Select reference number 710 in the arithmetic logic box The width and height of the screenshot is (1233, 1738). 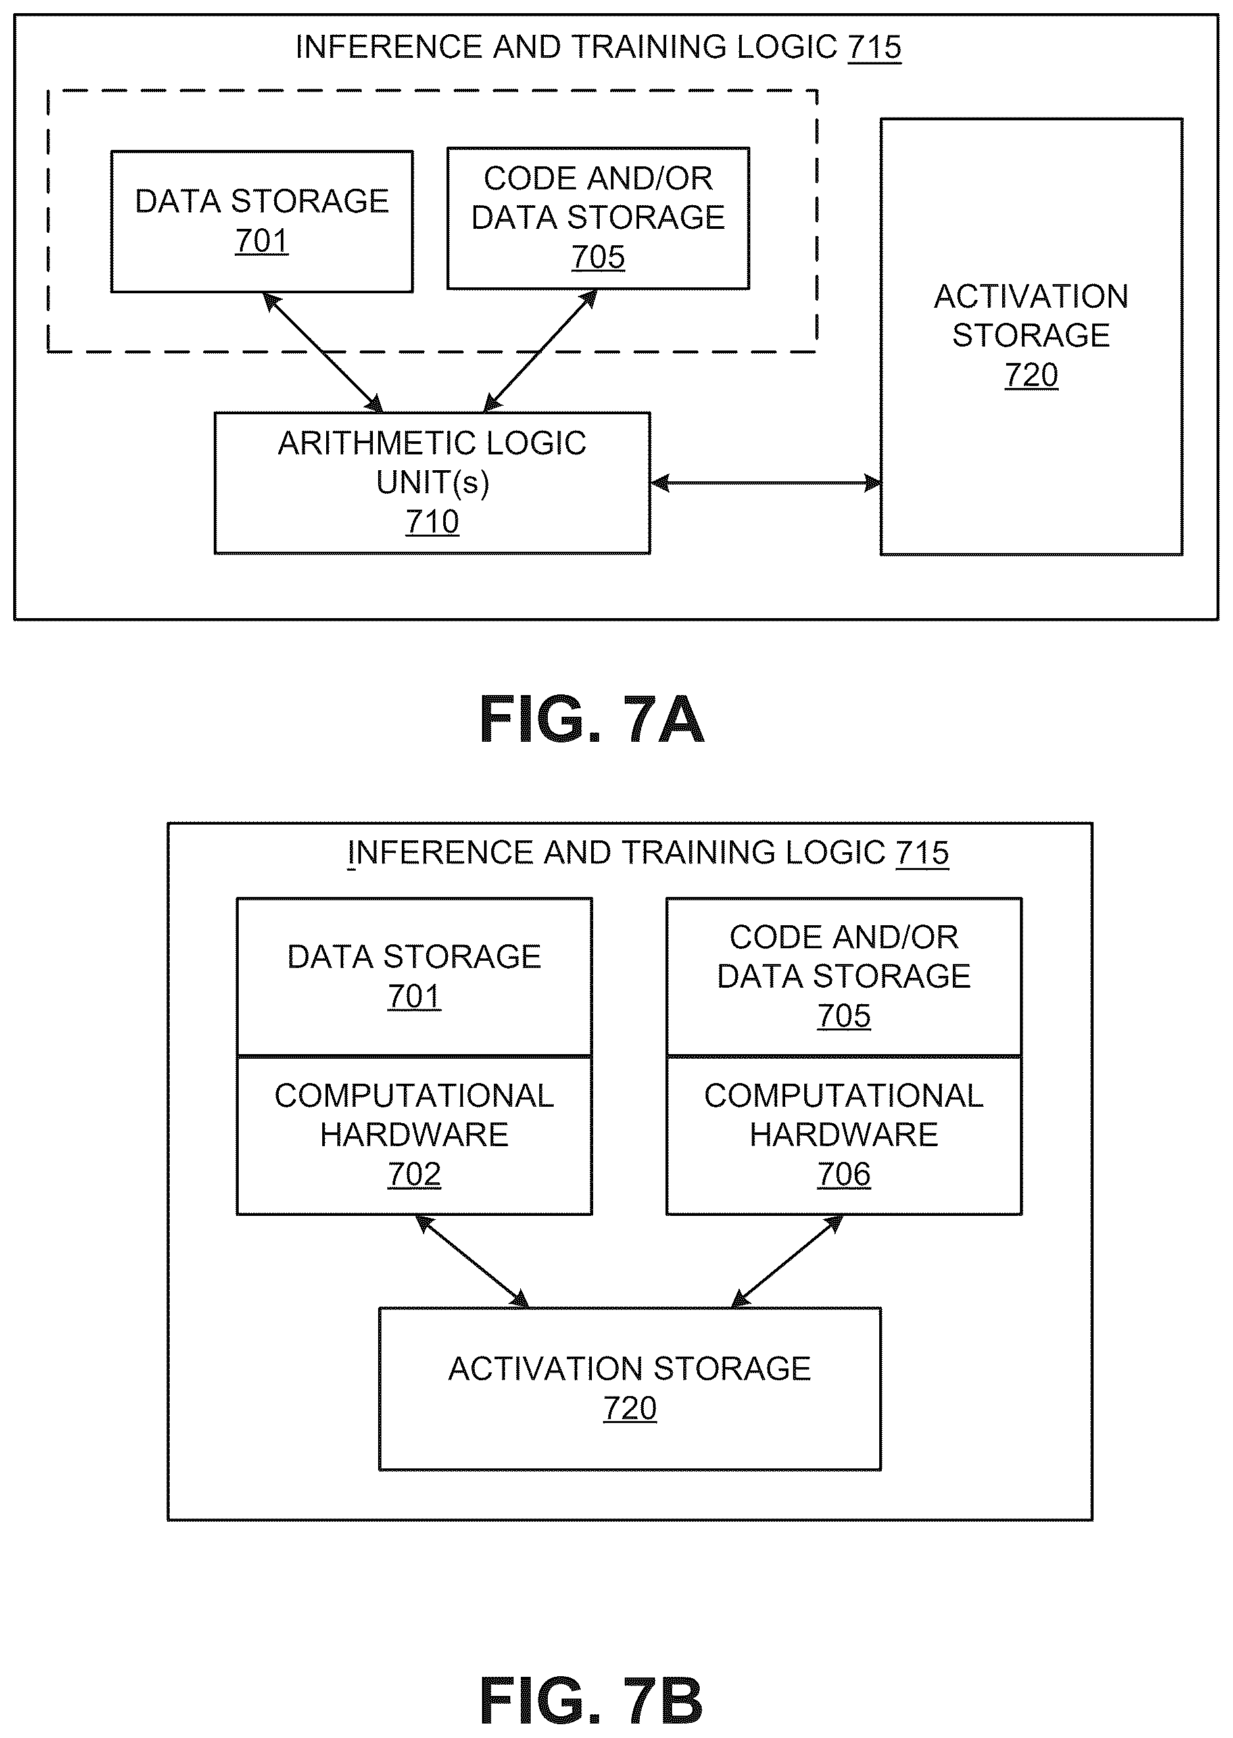tap(432, 521)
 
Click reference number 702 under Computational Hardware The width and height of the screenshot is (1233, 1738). tap(414, 1174)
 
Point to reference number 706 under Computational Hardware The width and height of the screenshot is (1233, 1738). tap(844, 1174)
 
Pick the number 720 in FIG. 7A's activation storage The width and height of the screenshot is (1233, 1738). tap(1031, 375)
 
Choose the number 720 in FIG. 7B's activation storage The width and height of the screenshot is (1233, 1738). tap(629, 1409)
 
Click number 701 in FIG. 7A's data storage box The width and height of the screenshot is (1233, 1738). tap(261, 241)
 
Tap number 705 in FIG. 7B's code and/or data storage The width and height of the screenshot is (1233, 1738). tap(844, 1016)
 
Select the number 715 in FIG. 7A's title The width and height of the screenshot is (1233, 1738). tap(875, 48)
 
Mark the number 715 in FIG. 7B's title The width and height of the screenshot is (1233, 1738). tap(922, 854)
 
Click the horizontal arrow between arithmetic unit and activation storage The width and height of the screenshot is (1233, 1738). tap(765, 483)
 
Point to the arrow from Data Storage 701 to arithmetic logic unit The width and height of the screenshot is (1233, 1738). tap(323, 352)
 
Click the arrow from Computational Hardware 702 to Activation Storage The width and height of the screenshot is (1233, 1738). tap(472, 1261)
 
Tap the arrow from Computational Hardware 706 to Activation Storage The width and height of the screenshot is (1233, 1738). tap(787, 1261)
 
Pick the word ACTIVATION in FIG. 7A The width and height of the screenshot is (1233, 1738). tap(1031, 297)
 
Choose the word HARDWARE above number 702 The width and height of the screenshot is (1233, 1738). tap(414, 1135)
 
